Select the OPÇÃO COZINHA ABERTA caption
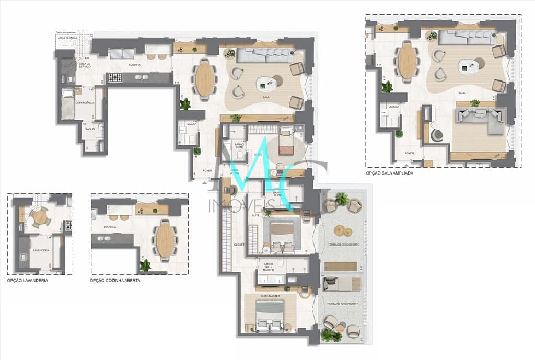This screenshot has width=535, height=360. pos(115,281)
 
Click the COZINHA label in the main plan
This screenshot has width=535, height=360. pos(135,65)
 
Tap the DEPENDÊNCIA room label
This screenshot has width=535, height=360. pos(85,103)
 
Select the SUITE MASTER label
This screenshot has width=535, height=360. pos(271,296)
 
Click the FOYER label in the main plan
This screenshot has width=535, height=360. pos(207,170)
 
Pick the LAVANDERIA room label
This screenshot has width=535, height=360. pos(41,250)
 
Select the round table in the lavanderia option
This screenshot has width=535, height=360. pos(40,216)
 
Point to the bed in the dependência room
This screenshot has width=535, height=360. pos(67,103)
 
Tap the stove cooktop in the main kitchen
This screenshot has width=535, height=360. pos(114,78)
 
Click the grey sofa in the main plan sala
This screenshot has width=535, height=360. pos(264,55)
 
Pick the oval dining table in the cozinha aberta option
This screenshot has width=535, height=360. pos(165,240)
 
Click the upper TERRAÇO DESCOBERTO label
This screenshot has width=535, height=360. pos(344,245)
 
